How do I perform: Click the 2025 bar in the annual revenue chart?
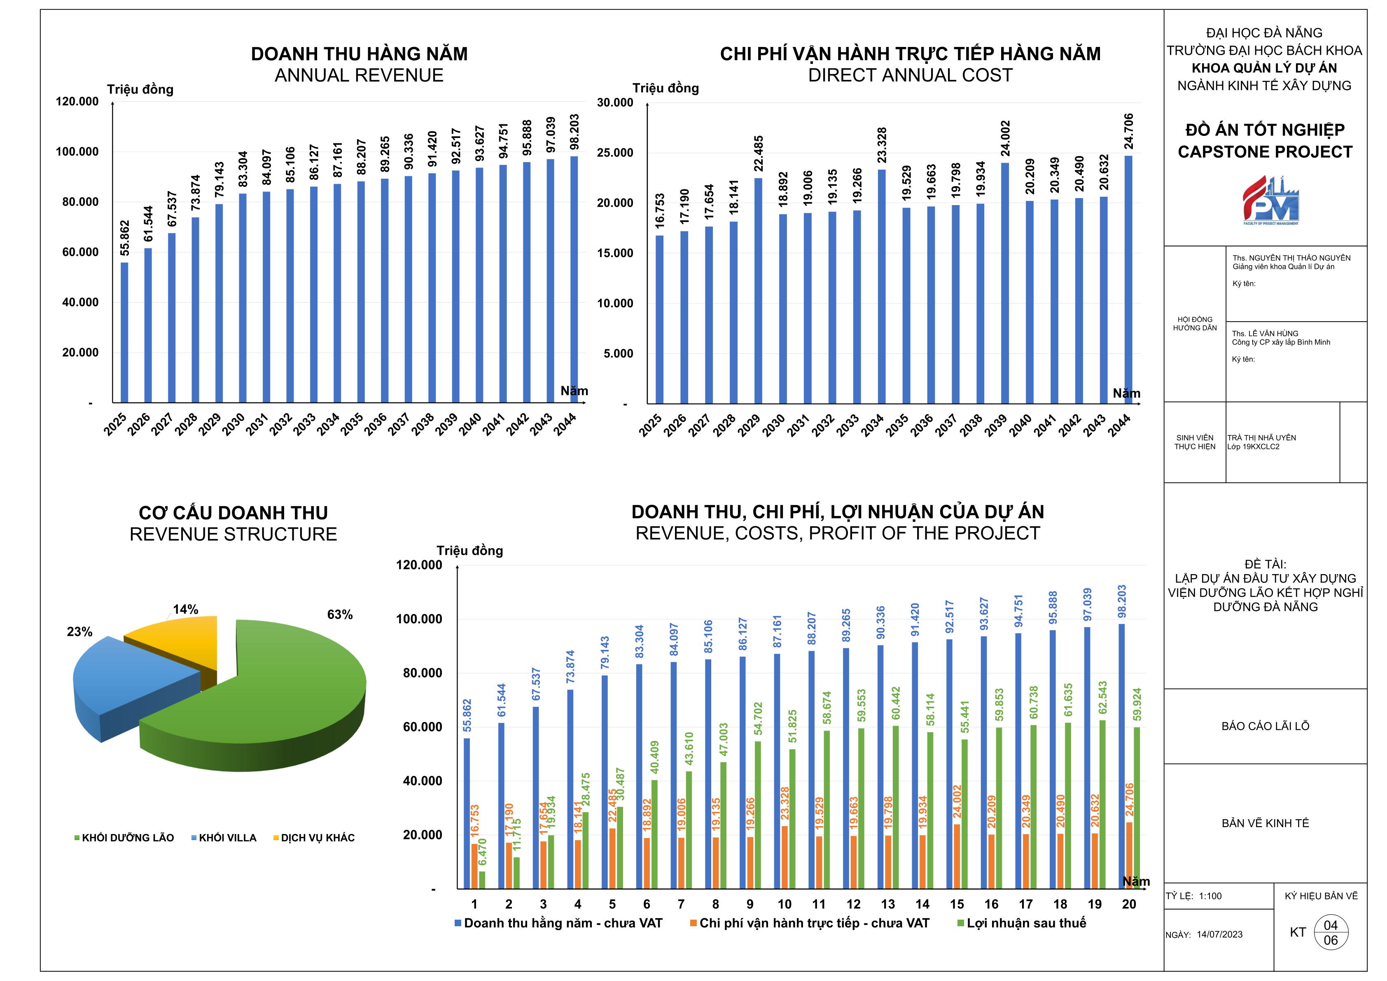[x=124, y=332]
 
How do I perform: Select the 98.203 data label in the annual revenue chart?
[x=574, y=132]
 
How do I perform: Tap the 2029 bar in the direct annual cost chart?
[x=758, y=290]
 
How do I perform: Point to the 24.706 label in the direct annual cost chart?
[x=1128, y=131]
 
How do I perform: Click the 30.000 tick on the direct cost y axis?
[x=615, y=103]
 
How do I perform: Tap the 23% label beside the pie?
[x=80, y=632]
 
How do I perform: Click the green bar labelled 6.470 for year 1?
[x=482, y=880]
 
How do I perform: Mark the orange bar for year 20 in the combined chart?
[x=1130, y=855]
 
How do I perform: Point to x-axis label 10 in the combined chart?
[x=784, y=904]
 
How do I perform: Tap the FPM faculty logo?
[x=1270, y=201]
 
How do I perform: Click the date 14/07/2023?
[x=1220, y=934]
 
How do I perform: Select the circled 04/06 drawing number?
[x=1331, y=933]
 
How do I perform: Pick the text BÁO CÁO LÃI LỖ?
[x=1265, y=726]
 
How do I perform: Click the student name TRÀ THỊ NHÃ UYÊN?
[x=1261, y=438]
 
